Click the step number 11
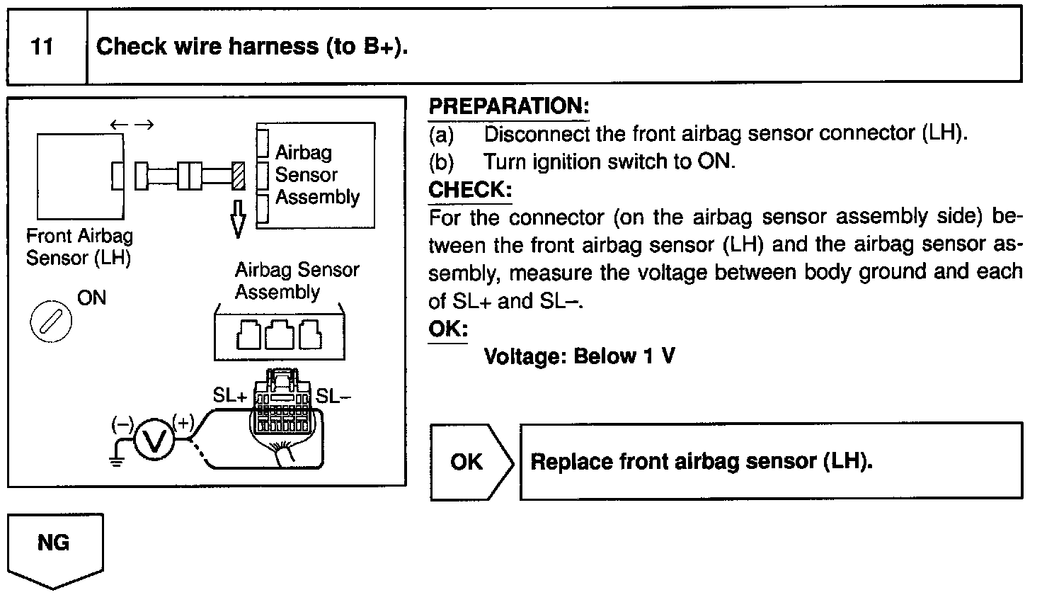43,47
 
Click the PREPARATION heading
509,106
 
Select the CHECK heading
469,190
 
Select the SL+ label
229,396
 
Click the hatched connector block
239,175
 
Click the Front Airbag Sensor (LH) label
79,246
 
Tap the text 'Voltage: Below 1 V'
578,356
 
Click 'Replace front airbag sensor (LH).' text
701,462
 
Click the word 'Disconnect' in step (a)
537,133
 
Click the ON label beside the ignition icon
92,297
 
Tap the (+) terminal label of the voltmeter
183,423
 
